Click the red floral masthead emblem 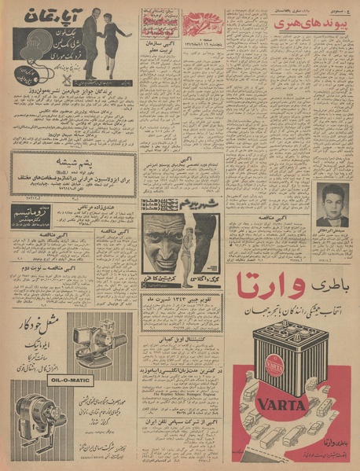pos(204,18)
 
